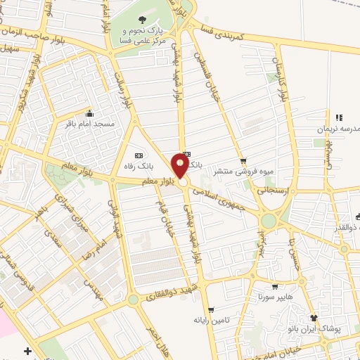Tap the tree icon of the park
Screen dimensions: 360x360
pyautogui.click(x=143, y=21)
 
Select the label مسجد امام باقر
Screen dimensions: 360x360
pyautogui.click(x=89, y=124)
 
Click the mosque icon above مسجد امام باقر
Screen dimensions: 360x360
pyautogui.click(x=89, y=113)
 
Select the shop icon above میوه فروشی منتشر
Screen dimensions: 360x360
pyautogui.click(x=243, y=160)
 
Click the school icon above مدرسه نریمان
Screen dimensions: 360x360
pyautogui.click(x=339, y=118)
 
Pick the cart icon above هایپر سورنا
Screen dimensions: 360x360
pyautogui.click(x=275, y=287)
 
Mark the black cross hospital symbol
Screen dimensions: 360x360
pyautogui.click(x=27, y=350)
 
